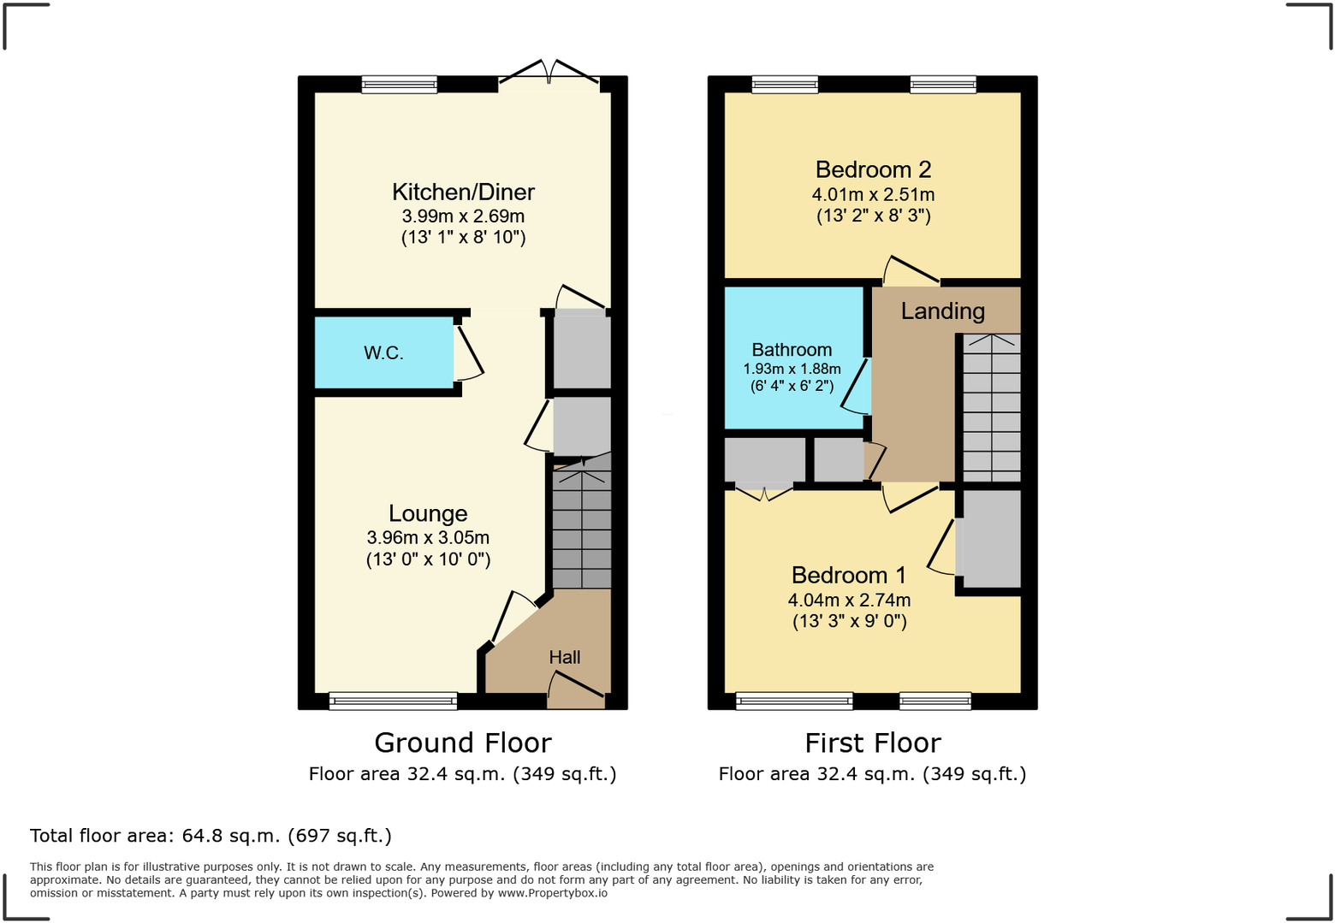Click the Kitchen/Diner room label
[x=463, y=192]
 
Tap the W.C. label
[x=383, y=353]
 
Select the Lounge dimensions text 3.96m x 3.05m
[x=428, y=538]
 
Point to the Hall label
[x=565, y=657]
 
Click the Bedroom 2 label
[x=873, y=170]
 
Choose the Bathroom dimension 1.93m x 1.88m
[x=792, y=370]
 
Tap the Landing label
[x=942, y=311]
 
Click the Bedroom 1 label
[x=848, y=576]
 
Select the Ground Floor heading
[x=463, y=743]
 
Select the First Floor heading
[x=873, y=743]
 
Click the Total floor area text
[x=211, y=836]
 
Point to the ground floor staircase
[x=582, y=526]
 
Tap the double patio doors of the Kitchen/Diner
[x=549, y=74]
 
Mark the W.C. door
[x=468, y=352]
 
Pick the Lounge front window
[x=393, y=701]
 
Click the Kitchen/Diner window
[x=399, y=84]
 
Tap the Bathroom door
[x=857, y=387]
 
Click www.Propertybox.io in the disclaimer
[x=553, y=893]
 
